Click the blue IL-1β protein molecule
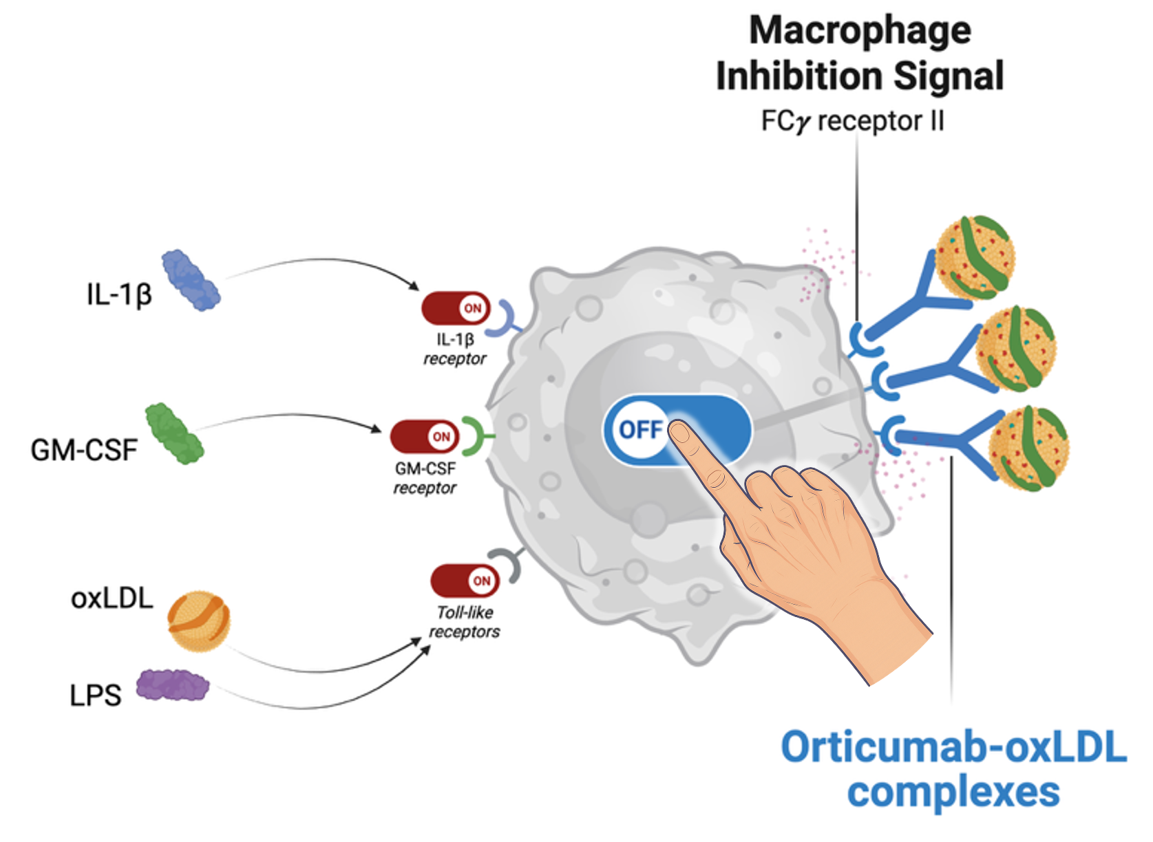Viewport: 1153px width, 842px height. pos(191,280)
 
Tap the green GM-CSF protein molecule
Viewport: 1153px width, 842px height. pos(174,433)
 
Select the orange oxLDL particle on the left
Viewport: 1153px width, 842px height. pos(199,621)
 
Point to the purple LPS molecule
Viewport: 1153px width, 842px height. pos(172,685)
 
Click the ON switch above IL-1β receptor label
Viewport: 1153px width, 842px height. pos(456,308)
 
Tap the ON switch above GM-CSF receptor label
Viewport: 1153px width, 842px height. pos(424,437)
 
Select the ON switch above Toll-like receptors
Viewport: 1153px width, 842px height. pos(465,581)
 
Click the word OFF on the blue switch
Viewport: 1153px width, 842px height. pos(640,430)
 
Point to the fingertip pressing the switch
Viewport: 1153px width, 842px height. pos(681,435)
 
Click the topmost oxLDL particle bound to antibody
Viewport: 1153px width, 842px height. pos(976,258)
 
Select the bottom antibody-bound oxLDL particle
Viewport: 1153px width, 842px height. pos(1028,449)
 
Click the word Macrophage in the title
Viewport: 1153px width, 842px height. pos(860,31)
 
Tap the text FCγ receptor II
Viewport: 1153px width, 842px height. pos(852,122)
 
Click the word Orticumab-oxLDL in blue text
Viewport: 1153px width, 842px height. pos(953,748)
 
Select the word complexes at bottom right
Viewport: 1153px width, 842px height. pos(953,792)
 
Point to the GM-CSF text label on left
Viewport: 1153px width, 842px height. pos(84,451)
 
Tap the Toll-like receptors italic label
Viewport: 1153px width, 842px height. pos(465,622)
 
